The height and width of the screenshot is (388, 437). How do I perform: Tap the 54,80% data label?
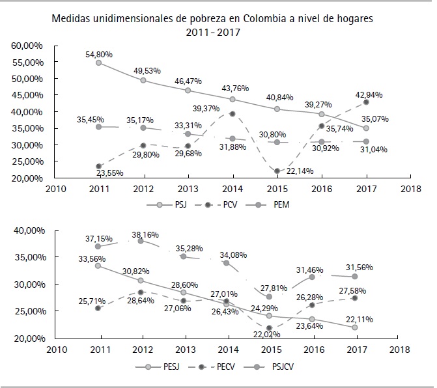(99, 53)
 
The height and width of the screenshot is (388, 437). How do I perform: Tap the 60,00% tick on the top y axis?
(28, 46)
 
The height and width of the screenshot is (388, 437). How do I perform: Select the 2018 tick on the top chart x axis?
(411, 189)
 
